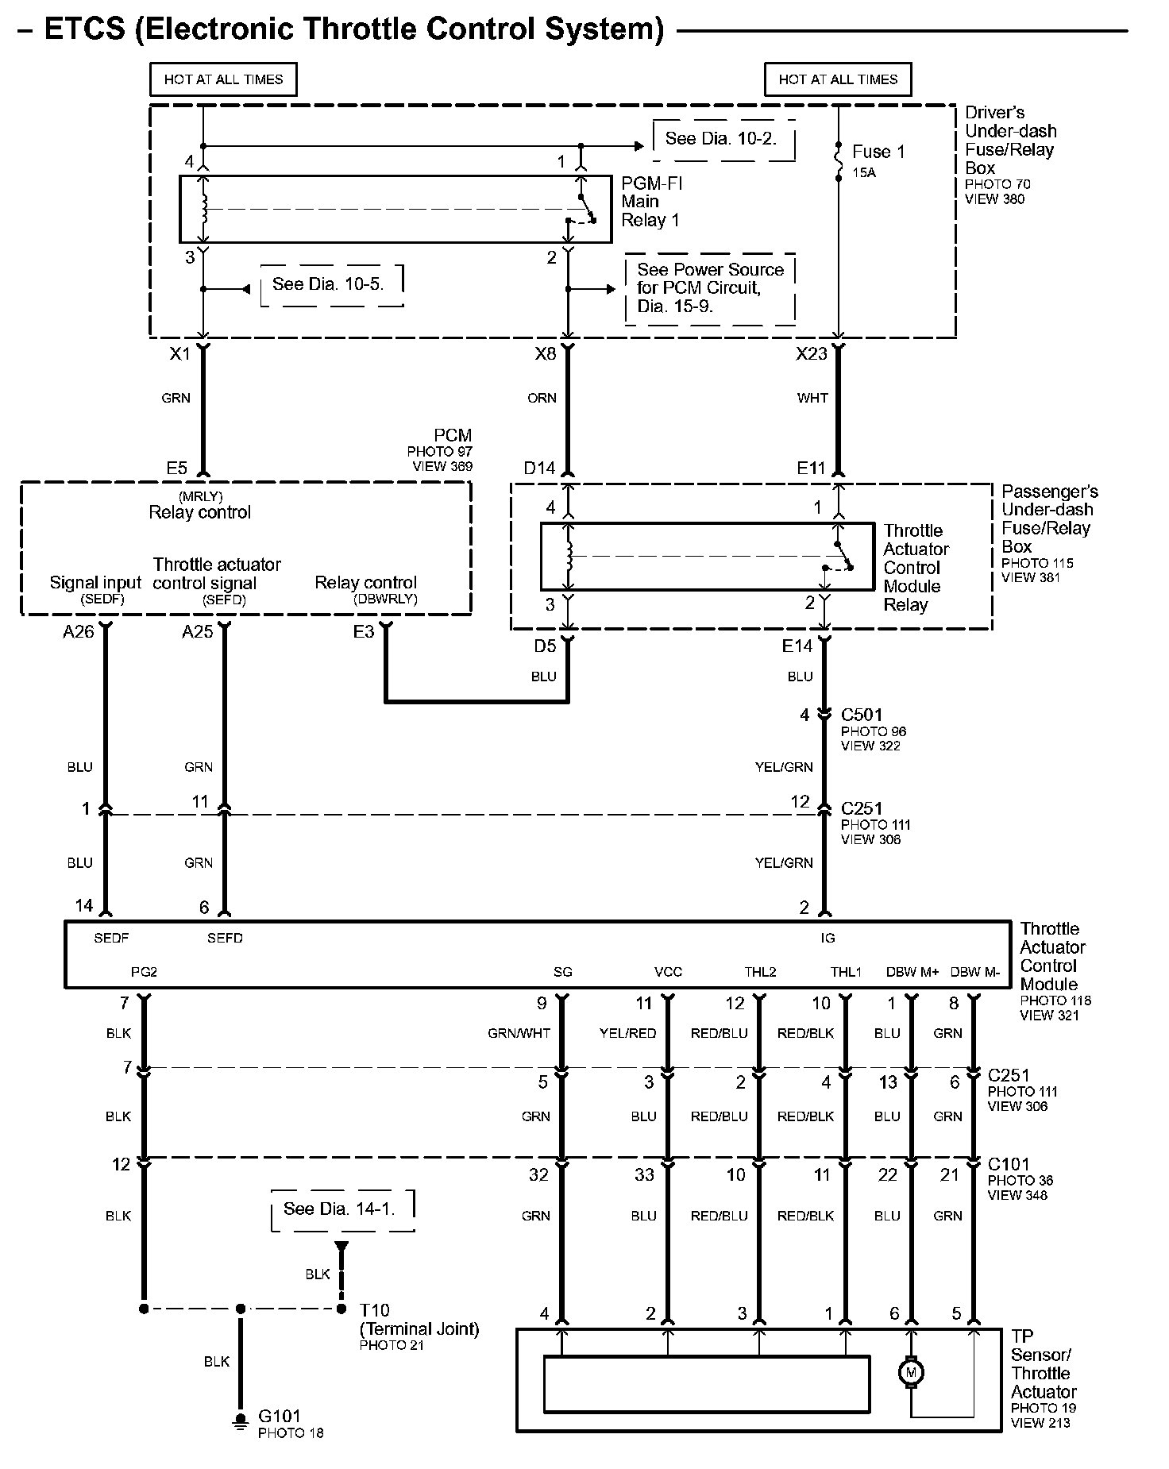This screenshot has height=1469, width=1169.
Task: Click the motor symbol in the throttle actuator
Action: [x=910, y=1373]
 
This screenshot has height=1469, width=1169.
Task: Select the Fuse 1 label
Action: [x=878, y=152]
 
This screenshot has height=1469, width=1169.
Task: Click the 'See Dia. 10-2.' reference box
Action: [x=723, y=140]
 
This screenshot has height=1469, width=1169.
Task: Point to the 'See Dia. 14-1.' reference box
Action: [x=342, y=1209]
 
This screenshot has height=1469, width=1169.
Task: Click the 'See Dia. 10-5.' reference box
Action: [x=330, y=285]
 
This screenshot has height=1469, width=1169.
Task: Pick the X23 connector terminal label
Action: [x=812, y=354]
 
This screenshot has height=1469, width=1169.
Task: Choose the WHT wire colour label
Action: [x=812, y=398]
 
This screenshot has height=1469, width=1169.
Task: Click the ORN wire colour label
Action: [x=542, y=398]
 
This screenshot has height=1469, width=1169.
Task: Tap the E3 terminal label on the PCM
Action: [x=364, y=631]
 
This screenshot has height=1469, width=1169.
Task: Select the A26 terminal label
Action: [x=78, y=631]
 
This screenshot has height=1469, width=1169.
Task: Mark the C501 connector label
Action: [x=862, y=715]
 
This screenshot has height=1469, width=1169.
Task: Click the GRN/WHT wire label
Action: [x=519, y=1033]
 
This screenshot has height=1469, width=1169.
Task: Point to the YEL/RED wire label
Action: [x=627, y=1033]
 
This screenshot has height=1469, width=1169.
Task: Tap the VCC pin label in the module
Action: [x=668, y=972]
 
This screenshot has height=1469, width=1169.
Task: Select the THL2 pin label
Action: [x=760, y=972]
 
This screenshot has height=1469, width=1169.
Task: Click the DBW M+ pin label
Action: [x=912, y=972]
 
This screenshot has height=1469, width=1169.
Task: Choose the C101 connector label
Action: [x=1008, y=1165]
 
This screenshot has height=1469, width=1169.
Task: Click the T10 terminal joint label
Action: [x=374, y=1309]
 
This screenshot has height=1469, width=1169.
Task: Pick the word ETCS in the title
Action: [x=85, y=29]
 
